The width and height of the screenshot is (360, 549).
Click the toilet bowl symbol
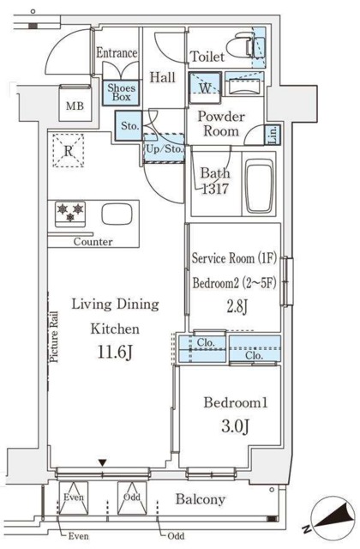(240, 45)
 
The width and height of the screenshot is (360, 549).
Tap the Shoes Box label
(121, 92)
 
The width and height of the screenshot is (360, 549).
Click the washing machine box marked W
(205, 87)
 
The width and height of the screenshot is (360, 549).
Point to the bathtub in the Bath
(259, 186)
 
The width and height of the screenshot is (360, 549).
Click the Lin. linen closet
(273, 135)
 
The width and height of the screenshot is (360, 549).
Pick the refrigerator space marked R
(69, 151)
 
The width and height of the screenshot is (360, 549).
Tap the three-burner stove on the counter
(70, 213)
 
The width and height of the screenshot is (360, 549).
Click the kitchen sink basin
(117, 214)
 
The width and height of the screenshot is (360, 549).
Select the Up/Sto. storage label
(164, 148)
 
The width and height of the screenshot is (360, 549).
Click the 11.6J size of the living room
(115, 353)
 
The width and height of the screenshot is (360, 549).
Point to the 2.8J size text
(237, 307)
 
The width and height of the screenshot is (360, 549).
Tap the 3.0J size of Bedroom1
(235, 426)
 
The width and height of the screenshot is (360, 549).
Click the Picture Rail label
(54, 337)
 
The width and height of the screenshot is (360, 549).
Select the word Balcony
(200, 499)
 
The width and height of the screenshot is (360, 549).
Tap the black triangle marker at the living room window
(102, 463)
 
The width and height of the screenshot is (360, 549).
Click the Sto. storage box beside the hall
(129, 126)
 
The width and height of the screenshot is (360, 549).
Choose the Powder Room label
(221, 124)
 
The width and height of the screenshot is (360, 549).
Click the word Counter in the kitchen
(93, 242)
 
